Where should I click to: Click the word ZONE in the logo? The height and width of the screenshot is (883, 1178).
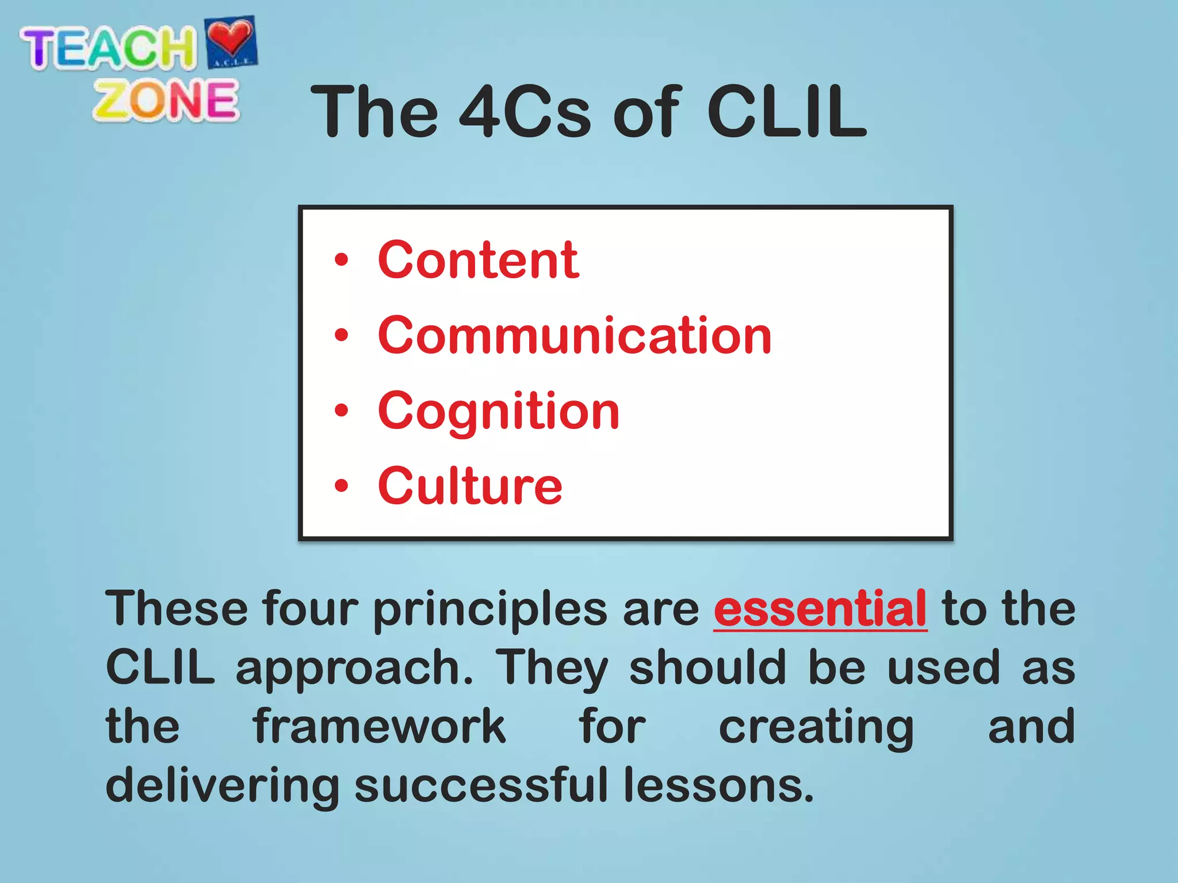tap(166, 101)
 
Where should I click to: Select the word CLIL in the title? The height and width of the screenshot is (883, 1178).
tap(786, 112)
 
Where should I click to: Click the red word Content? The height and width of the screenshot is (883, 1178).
tap(478, 261)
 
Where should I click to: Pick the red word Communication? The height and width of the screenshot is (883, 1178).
tap(574, 336)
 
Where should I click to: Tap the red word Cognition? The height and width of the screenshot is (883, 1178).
tap(498, 412)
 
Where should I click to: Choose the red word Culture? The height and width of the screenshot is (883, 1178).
tap(469, 487)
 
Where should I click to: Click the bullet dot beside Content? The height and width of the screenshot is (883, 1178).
tap(342, 260)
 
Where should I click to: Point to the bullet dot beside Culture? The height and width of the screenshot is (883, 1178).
tap(342, 486)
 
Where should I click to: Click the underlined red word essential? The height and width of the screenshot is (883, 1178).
tap(820, 609)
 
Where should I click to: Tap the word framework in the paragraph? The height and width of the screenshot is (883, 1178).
tap(380, 727)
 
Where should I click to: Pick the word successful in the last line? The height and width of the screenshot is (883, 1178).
tap(481, 785)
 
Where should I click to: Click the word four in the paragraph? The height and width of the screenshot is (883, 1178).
tap(310, 609)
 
